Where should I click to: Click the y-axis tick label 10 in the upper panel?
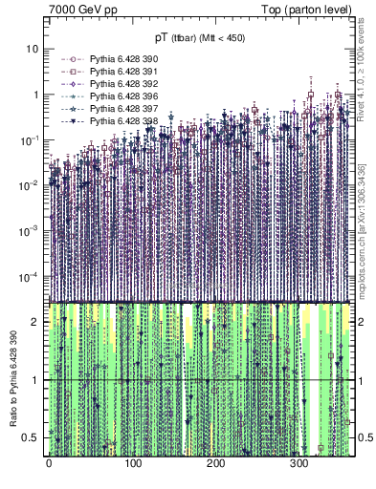coord(33,48)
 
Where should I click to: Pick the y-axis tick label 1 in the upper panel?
coord(36,95)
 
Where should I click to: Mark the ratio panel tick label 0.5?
coord(33,437)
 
